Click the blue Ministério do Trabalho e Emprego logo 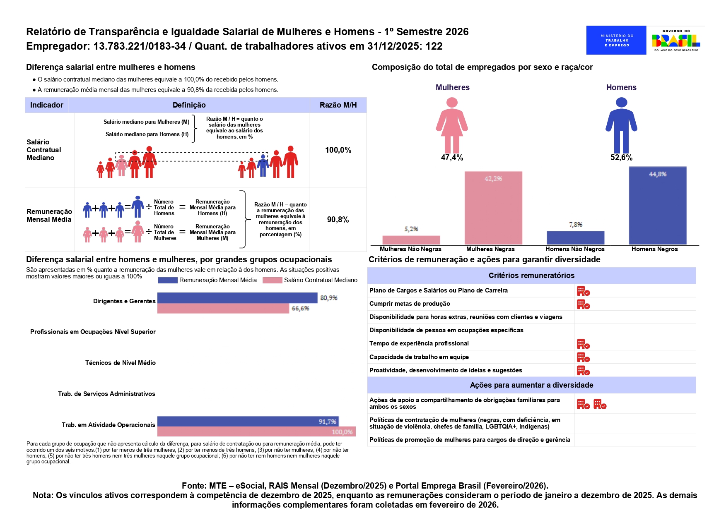616,40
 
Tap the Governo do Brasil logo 676,40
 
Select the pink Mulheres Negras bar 493,208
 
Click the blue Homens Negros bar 658,206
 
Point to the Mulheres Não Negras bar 411,240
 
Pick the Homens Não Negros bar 576,238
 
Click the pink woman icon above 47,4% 452,125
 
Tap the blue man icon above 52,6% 621,125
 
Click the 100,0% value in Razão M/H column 338,150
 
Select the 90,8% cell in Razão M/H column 338,220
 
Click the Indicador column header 47,105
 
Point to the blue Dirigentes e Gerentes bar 237,298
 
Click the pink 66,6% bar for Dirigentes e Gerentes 223,308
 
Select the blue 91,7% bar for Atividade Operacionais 248,421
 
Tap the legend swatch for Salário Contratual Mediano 272,280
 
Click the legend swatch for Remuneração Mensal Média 168,280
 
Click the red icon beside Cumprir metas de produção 583,304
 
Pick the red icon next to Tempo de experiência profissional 583,344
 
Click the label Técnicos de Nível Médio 121,363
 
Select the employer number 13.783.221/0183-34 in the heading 140,46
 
